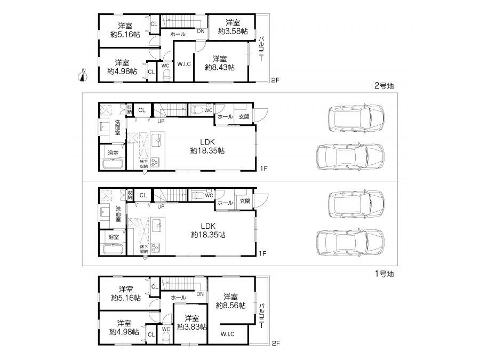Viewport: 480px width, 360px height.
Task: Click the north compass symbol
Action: pos(83,75)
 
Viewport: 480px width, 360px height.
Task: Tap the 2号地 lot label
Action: pos(384,86)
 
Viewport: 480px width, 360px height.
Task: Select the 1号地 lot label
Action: pos(384,274)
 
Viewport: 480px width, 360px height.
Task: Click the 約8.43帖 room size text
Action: pos(220,67)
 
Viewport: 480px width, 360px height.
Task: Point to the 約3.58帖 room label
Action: pos(233,31)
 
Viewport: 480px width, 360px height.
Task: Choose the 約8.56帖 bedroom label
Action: pos(230,306)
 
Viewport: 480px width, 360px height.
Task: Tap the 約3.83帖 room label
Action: pos(192,327)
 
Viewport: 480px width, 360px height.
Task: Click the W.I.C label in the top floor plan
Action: pos(184,64)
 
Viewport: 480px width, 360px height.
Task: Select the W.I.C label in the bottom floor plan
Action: pos(227,334)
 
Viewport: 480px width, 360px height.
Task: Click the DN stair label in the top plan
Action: pos(201,31)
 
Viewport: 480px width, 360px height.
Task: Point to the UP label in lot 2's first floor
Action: pos(161,121)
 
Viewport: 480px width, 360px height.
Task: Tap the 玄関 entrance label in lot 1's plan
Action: pos(245,201)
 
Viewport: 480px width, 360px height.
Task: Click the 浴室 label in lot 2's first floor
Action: pos(113,153)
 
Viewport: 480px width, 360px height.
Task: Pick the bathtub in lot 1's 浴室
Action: pos(113,249)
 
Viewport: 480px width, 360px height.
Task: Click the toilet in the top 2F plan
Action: pos(166,75)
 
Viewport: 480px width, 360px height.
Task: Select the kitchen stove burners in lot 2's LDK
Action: pos(155,162)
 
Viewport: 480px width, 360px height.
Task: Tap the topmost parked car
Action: pos(356,118)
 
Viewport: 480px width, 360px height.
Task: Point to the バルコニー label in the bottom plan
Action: pos(262,316)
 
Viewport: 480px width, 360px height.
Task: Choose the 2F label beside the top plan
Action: pos(275,80)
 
